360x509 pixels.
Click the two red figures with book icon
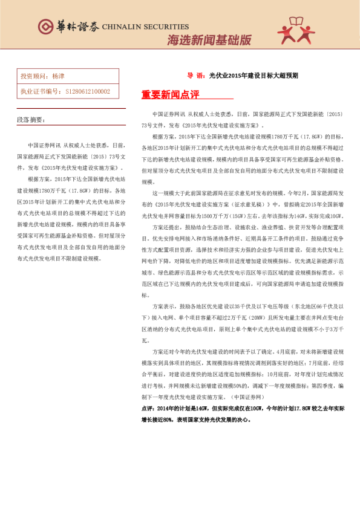296,30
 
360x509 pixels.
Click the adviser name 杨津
58,77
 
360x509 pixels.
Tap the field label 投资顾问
34,77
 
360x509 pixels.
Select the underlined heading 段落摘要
30,120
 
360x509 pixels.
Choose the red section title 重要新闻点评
170,94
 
